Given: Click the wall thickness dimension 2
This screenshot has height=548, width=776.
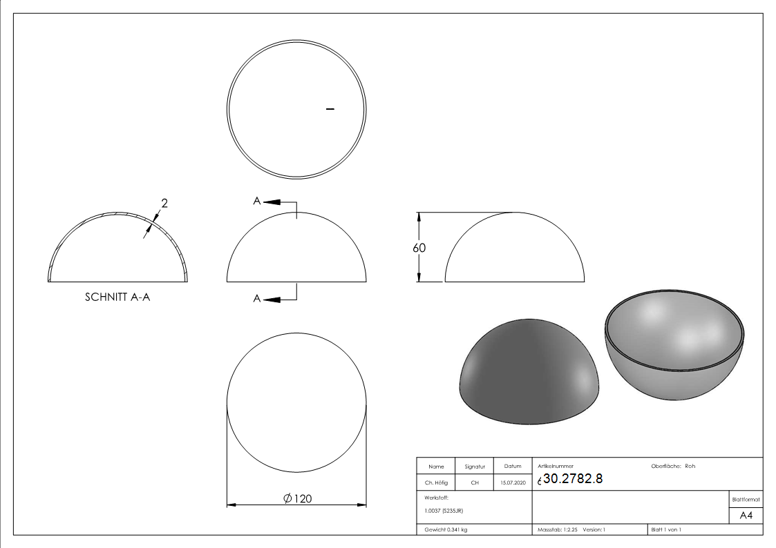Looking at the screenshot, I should (x=164, y=203).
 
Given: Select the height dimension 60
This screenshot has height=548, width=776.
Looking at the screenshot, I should (x=419, y=248).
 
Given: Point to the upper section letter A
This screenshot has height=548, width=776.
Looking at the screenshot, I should (x=257, y=201).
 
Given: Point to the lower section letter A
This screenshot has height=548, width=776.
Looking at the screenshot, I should (x=257, y=299).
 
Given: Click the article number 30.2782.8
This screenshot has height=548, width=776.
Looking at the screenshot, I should (x=573, y=479).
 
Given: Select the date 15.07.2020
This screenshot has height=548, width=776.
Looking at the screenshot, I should (x=512, y=483).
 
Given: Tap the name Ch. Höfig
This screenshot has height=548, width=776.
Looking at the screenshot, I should (x=436, y=483).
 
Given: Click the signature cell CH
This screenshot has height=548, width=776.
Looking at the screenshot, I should (x=475, y=483).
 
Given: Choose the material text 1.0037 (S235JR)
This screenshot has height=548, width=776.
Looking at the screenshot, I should (x=444, y=511).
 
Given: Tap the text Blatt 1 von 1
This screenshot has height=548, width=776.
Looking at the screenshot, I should (x=665, y=530).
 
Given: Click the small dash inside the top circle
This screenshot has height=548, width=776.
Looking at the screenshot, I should (x=330, y=108).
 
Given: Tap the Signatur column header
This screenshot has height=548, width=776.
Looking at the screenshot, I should (x=475, y=467).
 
